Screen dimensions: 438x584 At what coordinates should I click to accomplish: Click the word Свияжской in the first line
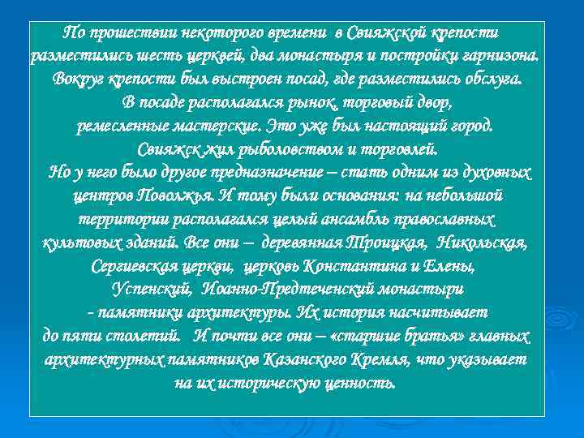point(384,34)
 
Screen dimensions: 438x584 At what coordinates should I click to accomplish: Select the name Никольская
point(483,243)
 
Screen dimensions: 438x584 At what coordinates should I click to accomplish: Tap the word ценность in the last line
point(360,382)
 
